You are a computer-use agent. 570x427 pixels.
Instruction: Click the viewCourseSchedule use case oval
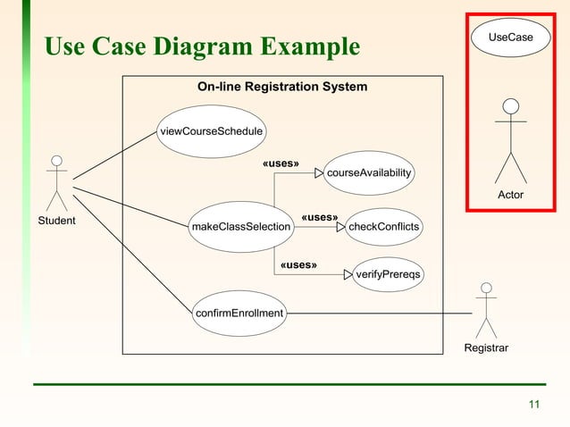(x=211, y=131)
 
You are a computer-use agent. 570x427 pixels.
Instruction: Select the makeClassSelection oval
(x=241, y=227)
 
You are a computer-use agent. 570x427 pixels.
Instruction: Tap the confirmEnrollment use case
(x=239, y=313)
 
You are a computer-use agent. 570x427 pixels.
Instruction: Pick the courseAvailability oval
(x=369, y=172)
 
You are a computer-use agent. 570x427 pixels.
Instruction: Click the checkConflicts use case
(x=383, y=227)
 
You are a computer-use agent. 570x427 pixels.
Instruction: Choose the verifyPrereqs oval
(x=389, y=273)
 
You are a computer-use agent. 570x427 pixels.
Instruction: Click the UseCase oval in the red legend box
(x=510, y=38)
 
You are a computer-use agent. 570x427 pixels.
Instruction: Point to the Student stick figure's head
(x=56, y=161)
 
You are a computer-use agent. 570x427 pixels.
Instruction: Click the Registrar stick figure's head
(x=486, y=288)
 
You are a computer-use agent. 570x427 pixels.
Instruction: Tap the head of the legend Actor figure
(x=511, y=107)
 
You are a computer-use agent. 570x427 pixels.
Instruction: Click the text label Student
(x=56, y=220)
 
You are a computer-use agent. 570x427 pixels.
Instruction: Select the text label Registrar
(x=486, y=347)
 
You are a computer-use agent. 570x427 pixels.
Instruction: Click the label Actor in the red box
(x=511, y=195)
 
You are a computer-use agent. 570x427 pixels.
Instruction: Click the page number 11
(x=534, y=406)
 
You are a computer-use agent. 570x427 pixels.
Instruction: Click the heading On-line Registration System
(x=281, y=87)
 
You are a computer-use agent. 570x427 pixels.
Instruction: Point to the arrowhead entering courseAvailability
(x=319, y=172)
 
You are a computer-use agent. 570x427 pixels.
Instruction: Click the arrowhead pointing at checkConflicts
(x=340, y=227)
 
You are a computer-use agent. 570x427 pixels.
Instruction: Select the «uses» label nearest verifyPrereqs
(x=298, y=264)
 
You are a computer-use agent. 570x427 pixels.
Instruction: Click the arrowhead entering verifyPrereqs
(x=349, y=273)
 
